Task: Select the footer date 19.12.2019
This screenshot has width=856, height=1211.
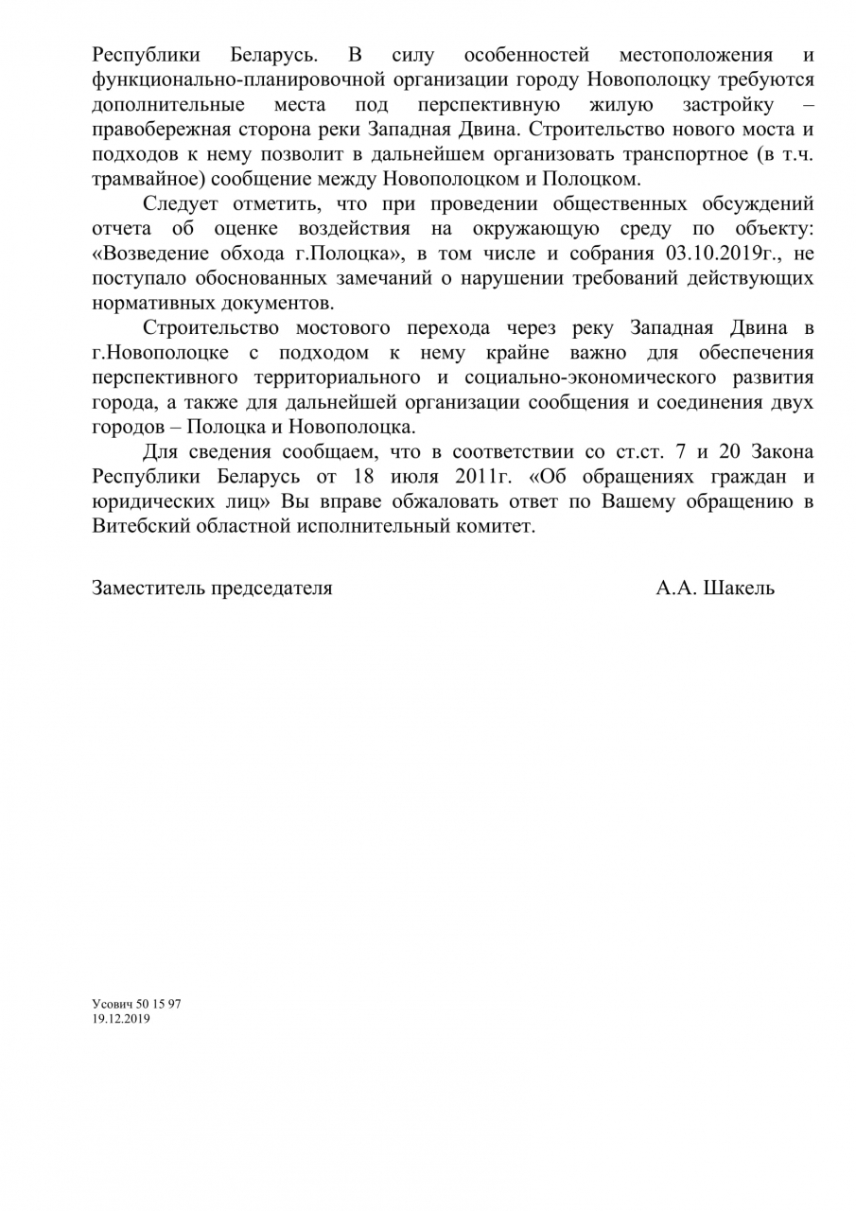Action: coord(121,1018)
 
